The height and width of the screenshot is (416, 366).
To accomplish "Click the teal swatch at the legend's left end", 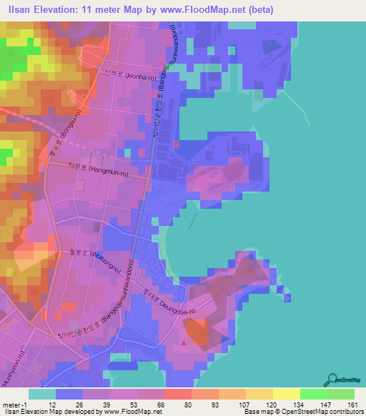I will pyautogui.click(x=42, y=394).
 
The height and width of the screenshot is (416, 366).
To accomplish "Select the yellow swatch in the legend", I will pyautogui.click(x=285, y=394).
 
